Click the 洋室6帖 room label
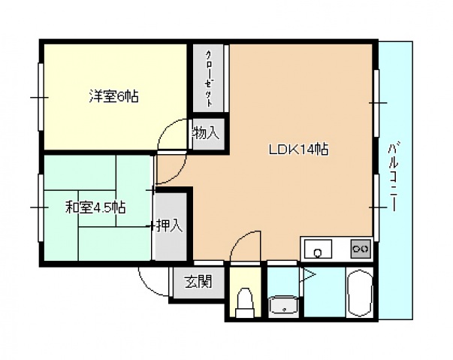(114, 96)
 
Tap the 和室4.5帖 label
(95, 207)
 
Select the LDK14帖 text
(297, 149)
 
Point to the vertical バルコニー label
(393, 176)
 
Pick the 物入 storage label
(205, 135)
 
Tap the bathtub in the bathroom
(359, 295)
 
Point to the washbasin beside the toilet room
(284, 305)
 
